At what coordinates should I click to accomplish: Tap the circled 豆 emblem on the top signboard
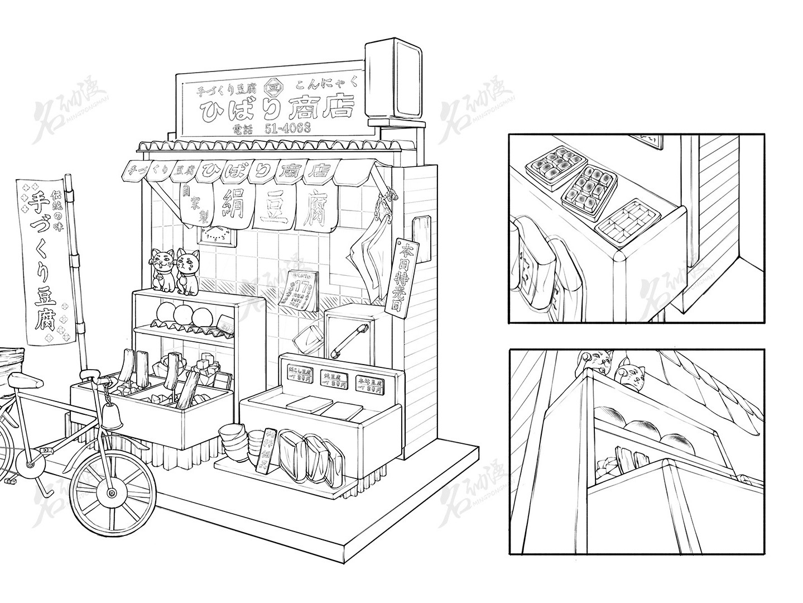click(x=274, y=88)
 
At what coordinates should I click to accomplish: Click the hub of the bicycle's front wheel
click(x=112, y=494)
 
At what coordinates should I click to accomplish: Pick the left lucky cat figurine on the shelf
click(x=162, y=269)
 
